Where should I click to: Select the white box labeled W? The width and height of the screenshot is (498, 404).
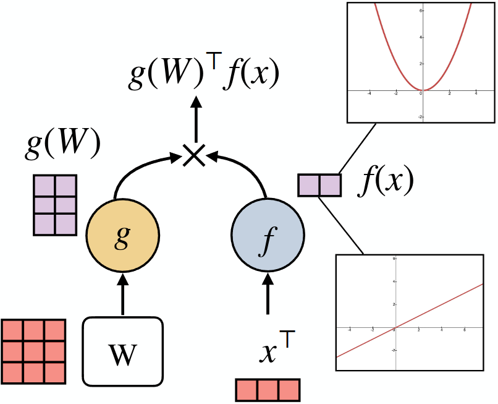pyautogui.click(x=123, y=351)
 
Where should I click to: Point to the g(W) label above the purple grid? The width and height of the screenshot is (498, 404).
pyautogui.click(x=62, y=145)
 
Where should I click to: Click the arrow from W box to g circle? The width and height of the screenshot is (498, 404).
pyautogui.click(x=123, y=297)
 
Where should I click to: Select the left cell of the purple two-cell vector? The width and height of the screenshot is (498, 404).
pyautogui.click(x=309, y=186)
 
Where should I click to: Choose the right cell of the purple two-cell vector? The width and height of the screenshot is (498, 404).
pyautogui.click(x=329, y=186)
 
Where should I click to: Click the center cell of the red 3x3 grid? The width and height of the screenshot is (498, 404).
pyautogui.click(x=34, y=351)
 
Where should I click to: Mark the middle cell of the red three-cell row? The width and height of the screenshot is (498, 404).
pyautogui.click(x=268, y=390)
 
